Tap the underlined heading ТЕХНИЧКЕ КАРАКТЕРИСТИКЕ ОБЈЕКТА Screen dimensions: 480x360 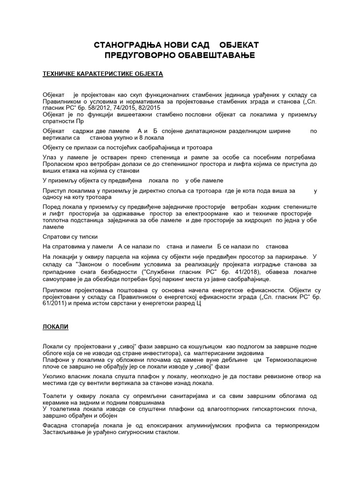coord(103,74)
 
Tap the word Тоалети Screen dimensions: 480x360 coord(55,396)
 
